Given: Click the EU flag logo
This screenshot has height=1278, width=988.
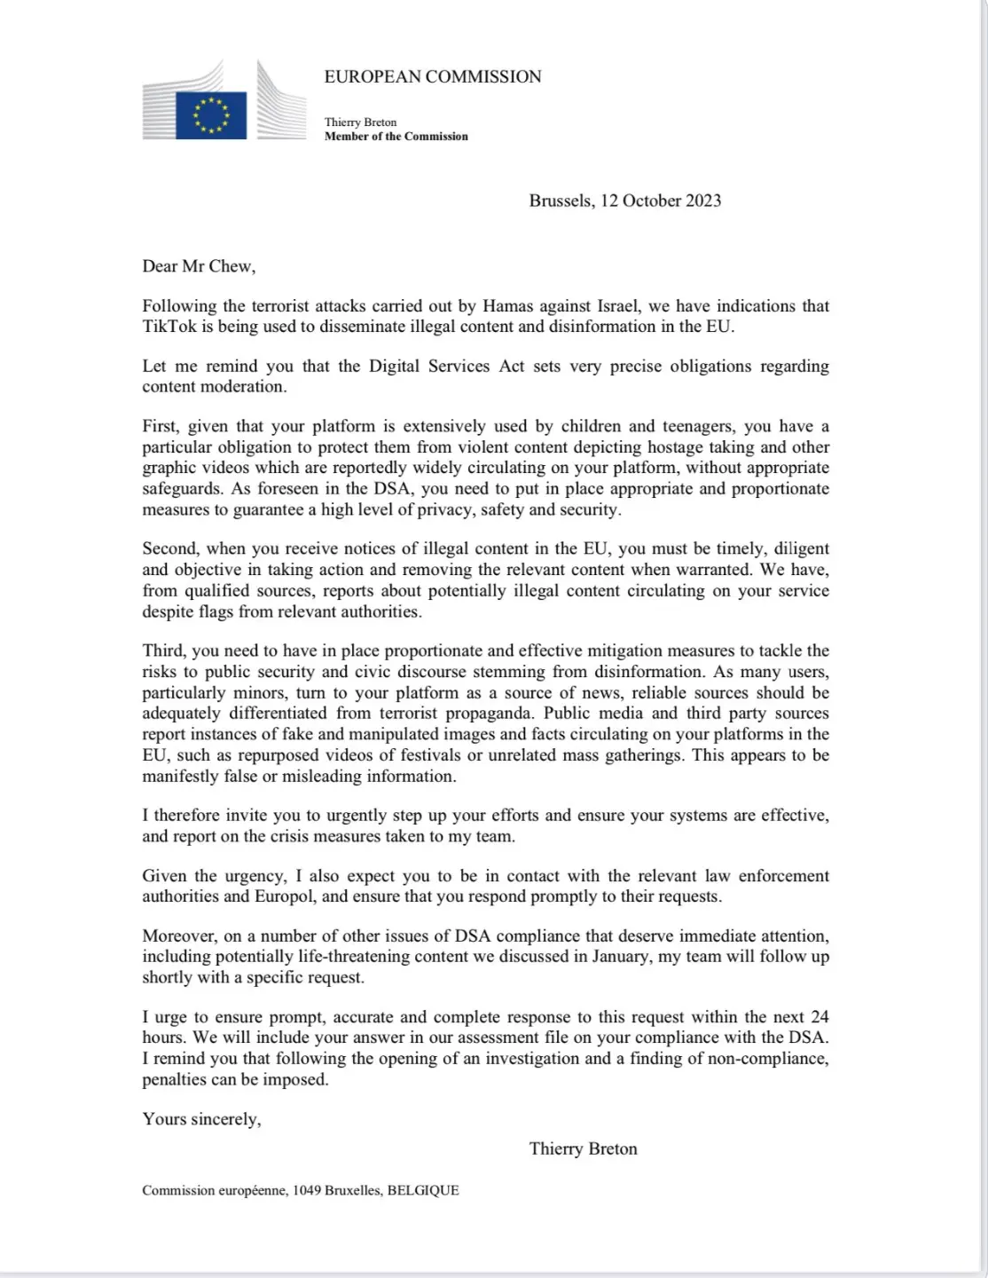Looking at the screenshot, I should pos(210,115).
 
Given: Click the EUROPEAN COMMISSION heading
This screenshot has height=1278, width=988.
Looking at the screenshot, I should pos(433,77).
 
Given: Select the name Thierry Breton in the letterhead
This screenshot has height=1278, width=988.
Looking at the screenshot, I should pos(360,122).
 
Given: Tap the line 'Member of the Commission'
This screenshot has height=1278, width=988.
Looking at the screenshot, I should pos(396,137).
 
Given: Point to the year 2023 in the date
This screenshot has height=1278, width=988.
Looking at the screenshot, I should pos(702,201).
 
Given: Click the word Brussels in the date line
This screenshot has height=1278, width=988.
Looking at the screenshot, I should pos(560,201).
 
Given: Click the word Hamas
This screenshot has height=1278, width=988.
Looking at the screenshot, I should pos(507,306).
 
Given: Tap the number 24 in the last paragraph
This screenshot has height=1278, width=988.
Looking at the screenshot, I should pos(819,1017).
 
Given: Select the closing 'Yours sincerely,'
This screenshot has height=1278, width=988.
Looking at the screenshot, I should pos(201,1119).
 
